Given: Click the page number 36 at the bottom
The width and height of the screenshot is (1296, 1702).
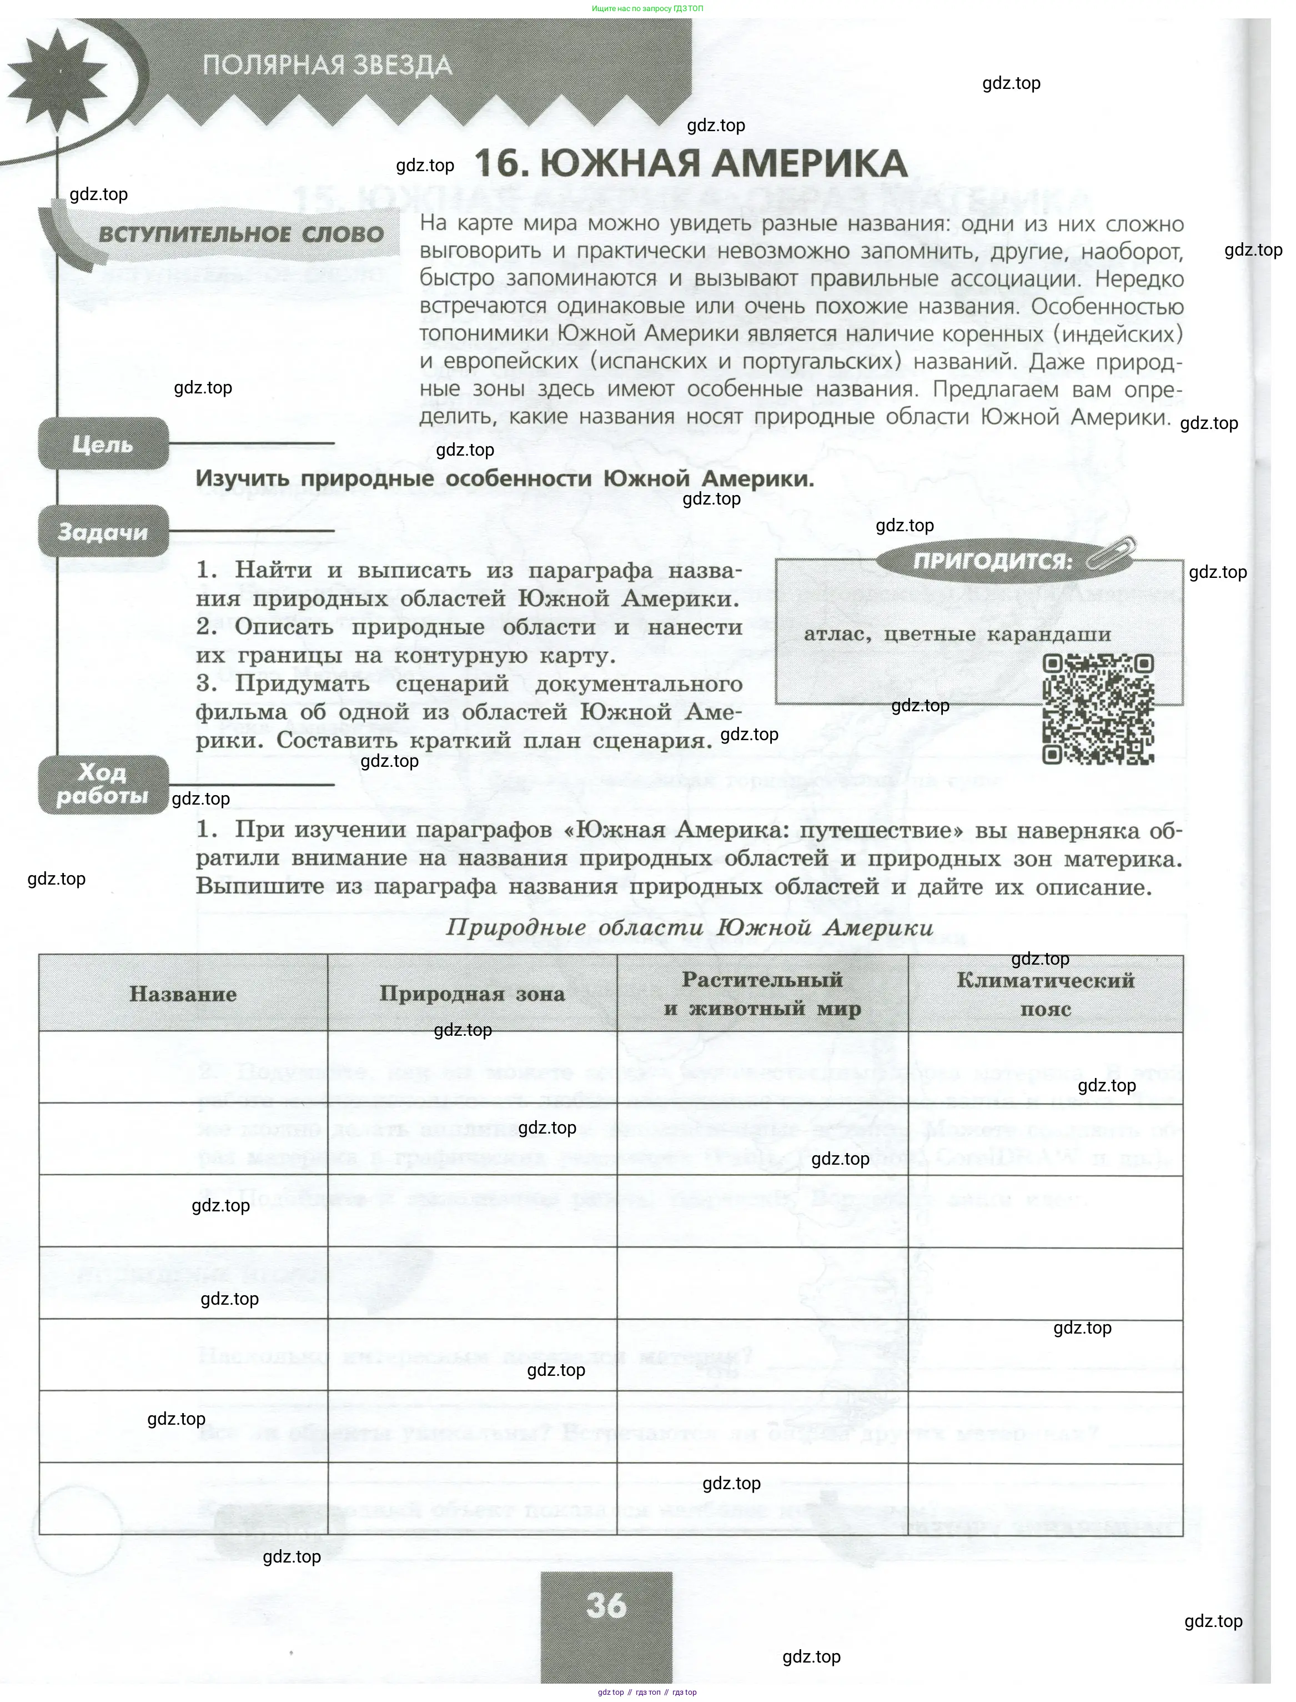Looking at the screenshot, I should click(x=606, y=1605).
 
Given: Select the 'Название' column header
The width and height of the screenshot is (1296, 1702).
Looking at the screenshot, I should click(x=183, y=994).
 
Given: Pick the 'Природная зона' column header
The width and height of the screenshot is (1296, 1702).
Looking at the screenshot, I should click(x=472, y=994).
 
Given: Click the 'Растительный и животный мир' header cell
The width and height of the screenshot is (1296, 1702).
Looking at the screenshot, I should click(x=762, y=994).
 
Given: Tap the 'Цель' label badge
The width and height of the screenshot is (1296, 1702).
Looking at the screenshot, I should click(x=103, y=444).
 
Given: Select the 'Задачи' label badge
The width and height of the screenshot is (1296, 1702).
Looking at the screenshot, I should click(x=103, y=531).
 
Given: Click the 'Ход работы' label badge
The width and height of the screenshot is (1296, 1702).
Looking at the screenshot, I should click(x=103, y=784).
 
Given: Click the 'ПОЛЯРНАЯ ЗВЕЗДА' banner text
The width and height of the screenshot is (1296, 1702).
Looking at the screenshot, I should click(x=327, y=66).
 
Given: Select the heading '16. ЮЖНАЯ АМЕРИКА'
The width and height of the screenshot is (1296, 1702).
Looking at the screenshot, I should click(x=690, y=163).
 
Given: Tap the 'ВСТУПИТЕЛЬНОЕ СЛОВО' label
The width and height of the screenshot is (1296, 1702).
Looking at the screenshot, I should click(x=240, y=234).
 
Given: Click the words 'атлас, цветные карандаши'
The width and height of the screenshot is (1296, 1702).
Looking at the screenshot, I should click(x=957, y=635).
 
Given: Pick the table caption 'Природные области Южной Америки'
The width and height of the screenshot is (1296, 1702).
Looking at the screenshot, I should click(x=689, y=927).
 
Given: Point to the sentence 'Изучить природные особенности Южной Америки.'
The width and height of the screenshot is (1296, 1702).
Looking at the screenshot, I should click(x=505, y=478).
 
